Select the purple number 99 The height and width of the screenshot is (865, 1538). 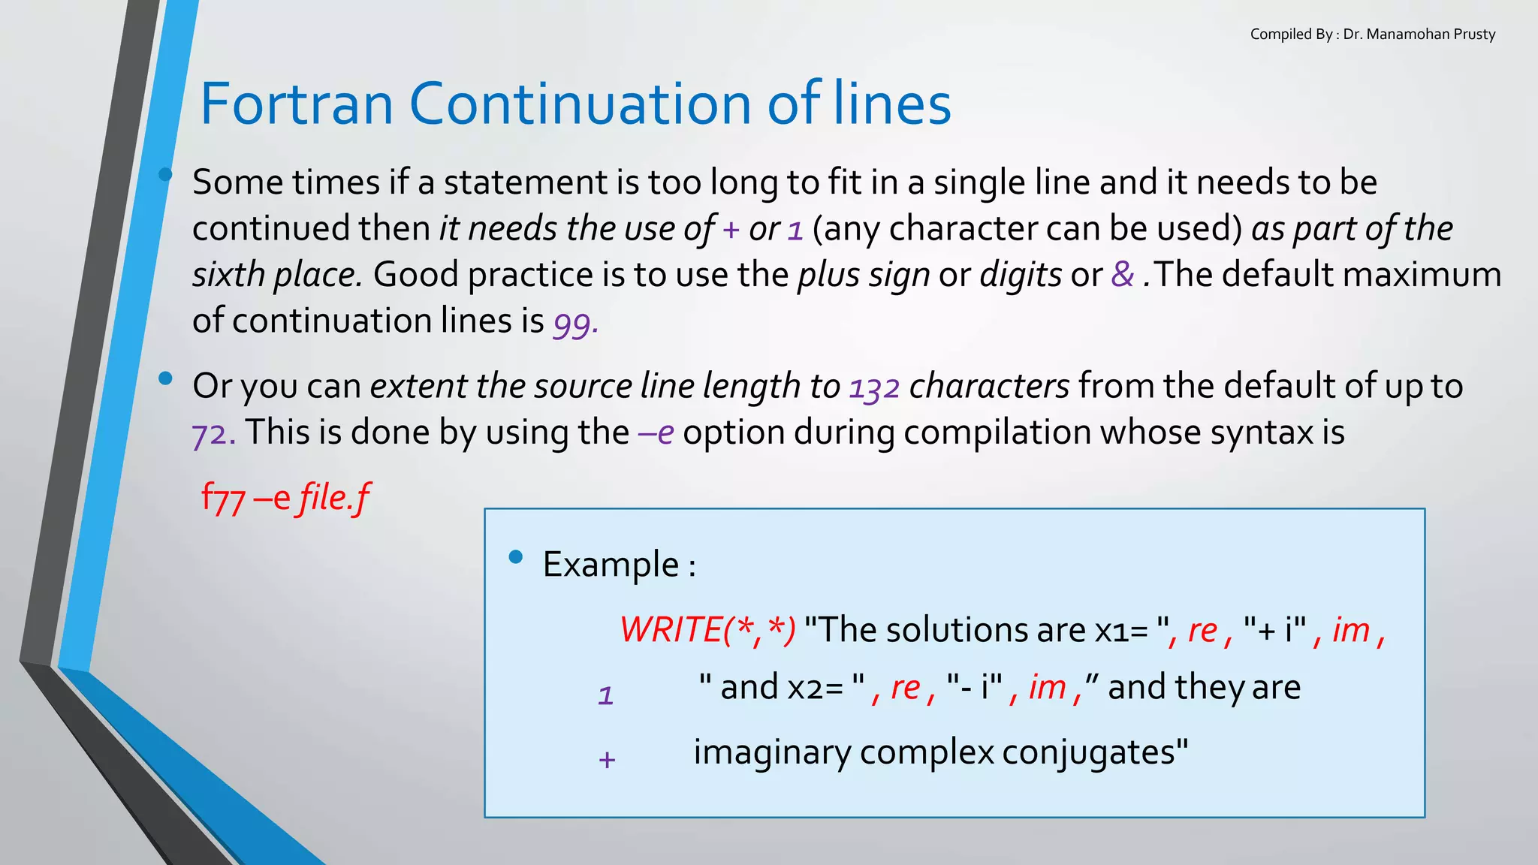pos(574,323)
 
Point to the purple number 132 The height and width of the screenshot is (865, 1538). pos(874,387)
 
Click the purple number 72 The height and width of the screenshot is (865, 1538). pos(213,434)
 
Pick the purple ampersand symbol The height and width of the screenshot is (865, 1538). pos(1122,274)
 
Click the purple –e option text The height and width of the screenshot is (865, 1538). pos(656,433)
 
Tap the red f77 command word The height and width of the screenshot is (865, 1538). pos(223,499)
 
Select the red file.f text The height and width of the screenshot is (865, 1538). pos(334,499)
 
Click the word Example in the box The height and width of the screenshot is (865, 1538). pos(611,565)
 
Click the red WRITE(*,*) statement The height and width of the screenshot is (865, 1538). pos(707,630)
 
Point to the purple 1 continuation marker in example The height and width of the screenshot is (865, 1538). pos(605,695)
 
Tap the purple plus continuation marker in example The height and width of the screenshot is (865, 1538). pos(607,760)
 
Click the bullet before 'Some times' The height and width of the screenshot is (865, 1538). pos(165,176)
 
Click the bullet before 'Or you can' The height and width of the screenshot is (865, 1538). pos(165,378)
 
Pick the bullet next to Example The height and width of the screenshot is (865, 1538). pos(515,556)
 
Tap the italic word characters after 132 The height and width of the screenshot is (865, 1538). pos(989,387)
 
